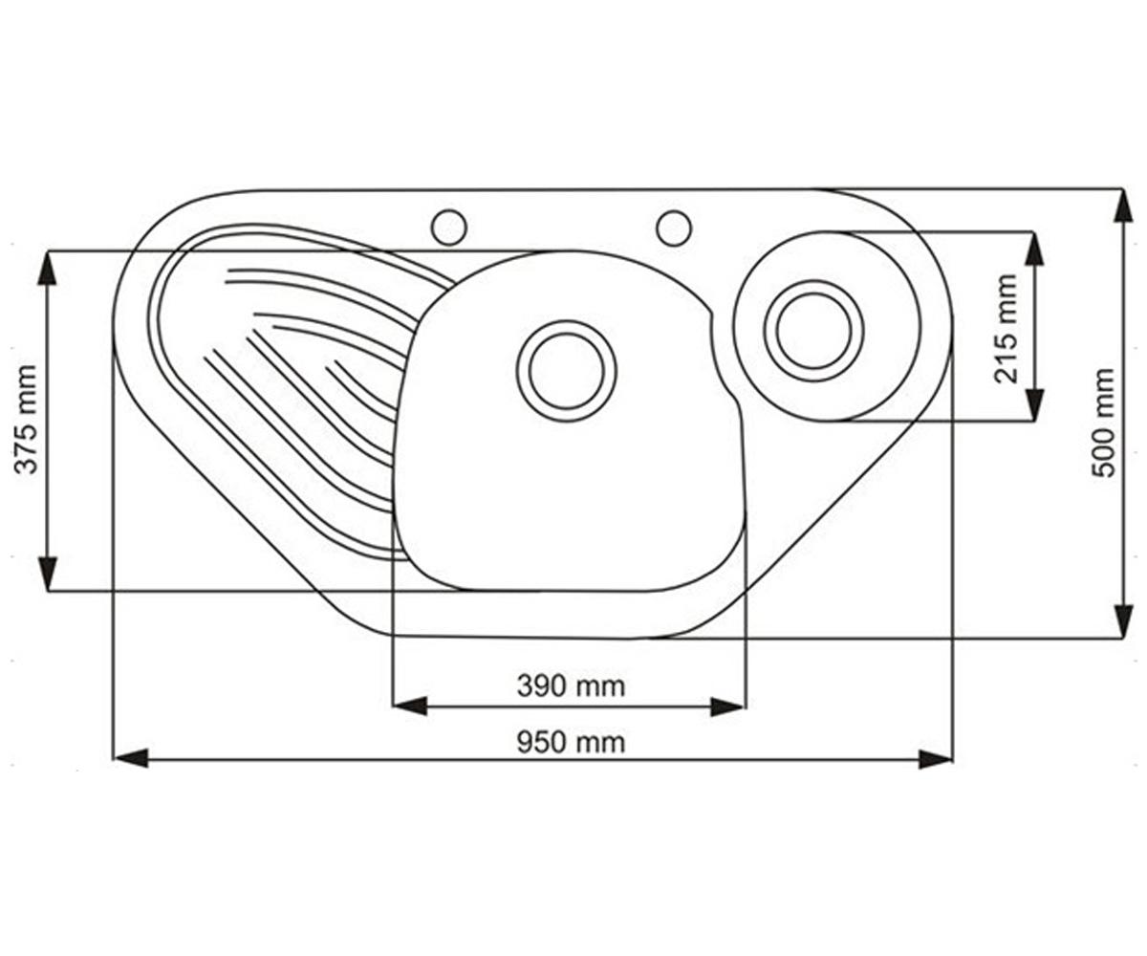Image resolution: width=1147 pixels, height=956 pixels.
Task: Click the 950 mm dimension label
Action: point(571,743)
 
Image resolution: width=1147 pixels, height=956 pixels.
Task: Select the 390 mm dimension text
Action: point(571,686)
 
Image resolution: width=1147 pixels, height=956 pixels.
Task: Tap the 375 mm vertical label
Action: point(26,420)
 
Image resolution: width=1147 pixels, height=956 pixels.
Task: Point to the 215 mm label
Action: point(1006,329)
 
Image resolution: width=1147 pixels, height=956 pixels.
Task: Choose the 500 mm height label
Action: point(1104,423)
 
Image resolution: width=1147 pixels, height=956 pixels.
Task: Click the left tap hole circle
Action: point(449,227)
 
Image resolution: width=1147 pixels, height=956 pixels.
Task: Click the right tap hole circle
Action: point(674,228)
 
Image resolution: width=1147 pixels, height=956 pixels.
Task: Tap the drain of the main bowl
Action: point(567,371)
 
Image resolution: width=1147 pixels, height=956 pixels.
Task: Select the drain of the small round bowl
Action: point(813,330)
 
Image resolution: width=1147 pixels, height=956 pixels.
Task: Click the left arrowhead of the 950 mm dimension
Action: point(131,758)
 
